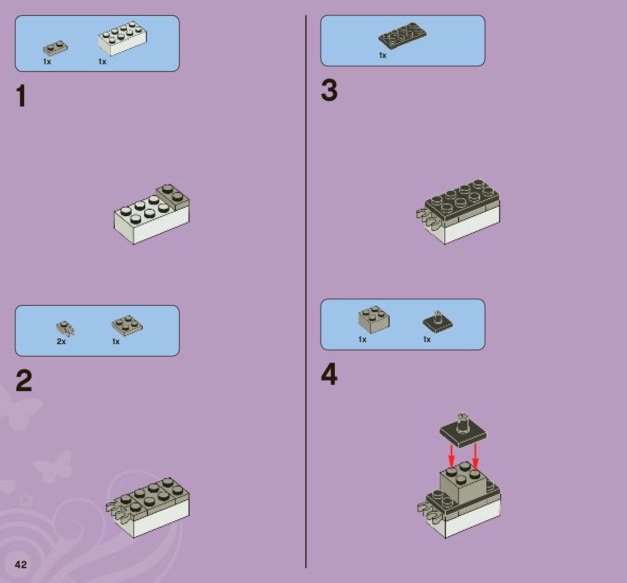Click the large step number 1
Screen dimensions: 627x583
(21, 96)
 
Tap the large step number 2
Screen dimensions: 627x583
(24, 381)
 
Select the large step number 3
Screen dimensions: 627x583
(329, 90)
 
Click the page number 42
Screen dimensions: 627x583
(21, 565)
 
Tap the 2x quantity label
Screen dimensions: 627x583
(61, 342)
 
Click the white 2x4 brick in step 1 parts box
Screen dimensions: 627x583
(122, 38)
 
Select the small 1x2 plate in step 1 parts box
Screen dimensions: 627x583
(56, 47)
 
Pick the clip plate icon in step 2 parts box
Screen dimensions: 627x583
(65, 328)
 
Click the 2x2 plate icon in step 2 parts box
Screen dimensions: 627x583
(127, 325)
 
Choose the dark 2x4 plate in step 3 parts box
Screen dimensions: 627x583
(402, 36)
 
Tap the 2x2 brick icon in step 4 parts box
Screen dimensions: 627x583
(374, 319)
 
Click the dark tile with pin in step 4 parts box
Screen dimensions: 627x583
(438, 321)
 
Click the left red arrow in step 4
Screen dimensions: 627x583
(452, 456)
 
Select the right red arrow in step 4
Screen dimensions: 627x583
(475, 457)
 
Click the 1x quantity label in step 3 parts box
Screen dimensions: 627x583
(383, 56)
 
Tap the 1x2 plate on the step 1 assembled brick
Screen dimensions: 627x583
(173, 197)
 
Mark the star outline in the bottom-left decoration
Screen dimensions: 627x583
(26, 499)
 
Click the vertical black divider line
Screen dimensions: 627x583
(306, 291)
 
